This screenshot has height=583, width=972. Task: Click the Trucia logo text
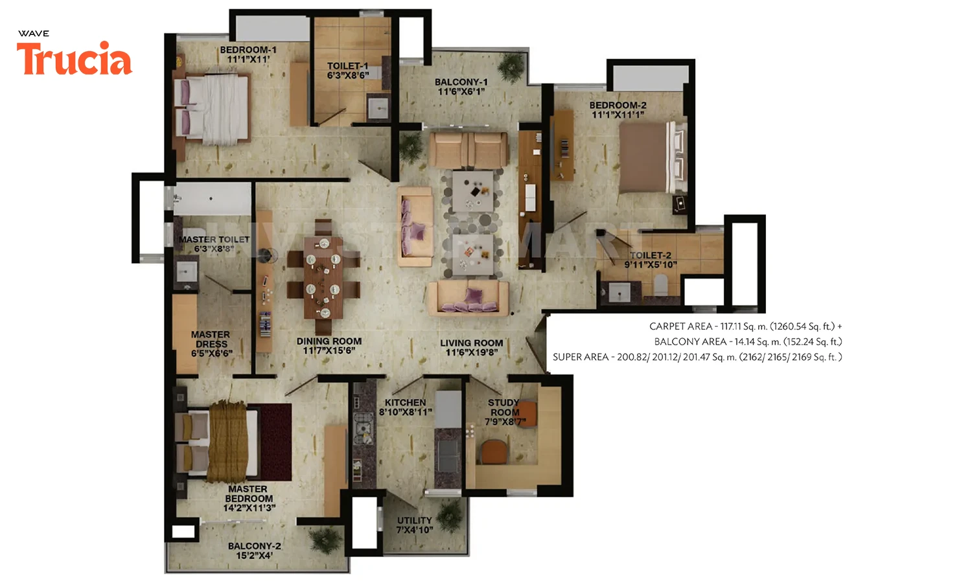tap(75, 59)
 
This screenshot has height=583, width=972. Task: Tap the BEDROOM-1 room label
tap(248, 50)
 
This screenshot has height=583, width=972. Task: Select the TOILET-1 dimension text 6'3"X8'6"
tap(348, 75)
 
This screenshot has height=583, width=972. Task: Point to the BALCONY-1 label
tap(461, 82)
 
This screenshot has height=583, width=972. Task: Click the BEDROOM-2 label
tap(618, 106)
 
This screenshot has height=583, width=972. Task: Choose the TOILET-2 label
tap(651, 255)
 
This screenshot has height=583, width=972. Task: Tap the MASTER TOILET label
tap(214, 240)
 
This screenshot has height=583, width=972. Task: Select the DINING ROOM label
tap(329, 341)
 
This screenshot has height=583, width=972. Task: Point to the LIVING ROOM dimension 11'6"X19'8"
tap(472, 352)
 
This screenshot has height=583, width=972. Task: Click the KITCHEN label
tap(405, 403)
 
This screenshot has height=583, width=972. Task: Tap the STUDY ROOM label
tap(504, 407)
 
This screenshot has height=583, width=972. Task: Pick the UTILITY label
tap(415, 521)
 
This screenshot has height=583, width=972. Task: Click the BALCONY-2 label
tap(255, 546)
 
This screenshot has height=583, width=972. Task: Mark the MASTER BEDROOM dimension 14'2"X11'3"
tap(249, 508)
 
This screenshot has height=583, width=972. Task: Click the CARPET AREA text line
tap(745, 326)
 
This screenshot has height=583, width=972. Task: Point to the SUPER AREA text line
tap(697, 357)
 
